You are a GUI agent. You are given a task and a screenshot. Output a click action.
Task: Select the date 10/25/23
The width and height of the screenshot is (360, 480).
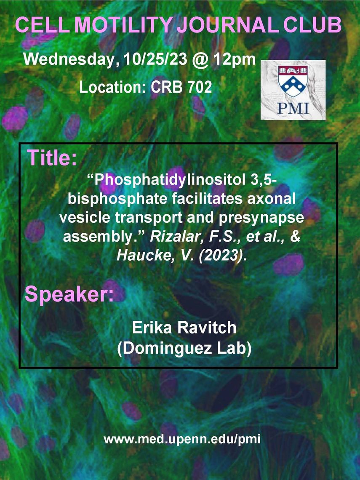(155, 59)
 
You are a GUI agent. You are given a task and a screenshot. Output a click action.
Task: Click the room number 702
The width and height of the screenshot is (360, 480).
(200, 87)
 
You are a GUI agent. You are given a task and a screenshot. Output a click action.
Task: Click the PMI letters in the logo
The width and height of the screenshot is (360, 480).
(293, 108)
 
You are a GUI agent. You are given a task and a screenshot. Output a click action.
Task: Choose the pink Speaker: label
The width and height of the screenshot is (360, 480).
(69, 294)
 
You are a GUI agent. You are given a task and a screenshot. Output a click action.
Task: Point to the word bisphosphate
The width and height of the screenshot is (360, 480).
(117, 199)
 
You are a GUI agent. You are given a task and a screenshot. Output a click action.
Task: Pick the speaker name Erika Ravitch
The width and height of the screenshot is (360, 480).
(184, 328)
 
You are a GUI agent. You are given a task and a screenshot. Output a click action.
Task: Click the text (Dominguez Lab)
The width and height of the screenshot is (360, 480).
(184, 349)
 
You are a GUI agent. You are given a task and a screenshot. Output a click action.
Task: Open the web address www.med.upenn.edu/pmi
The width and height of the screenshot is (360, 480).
(182, 439)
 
